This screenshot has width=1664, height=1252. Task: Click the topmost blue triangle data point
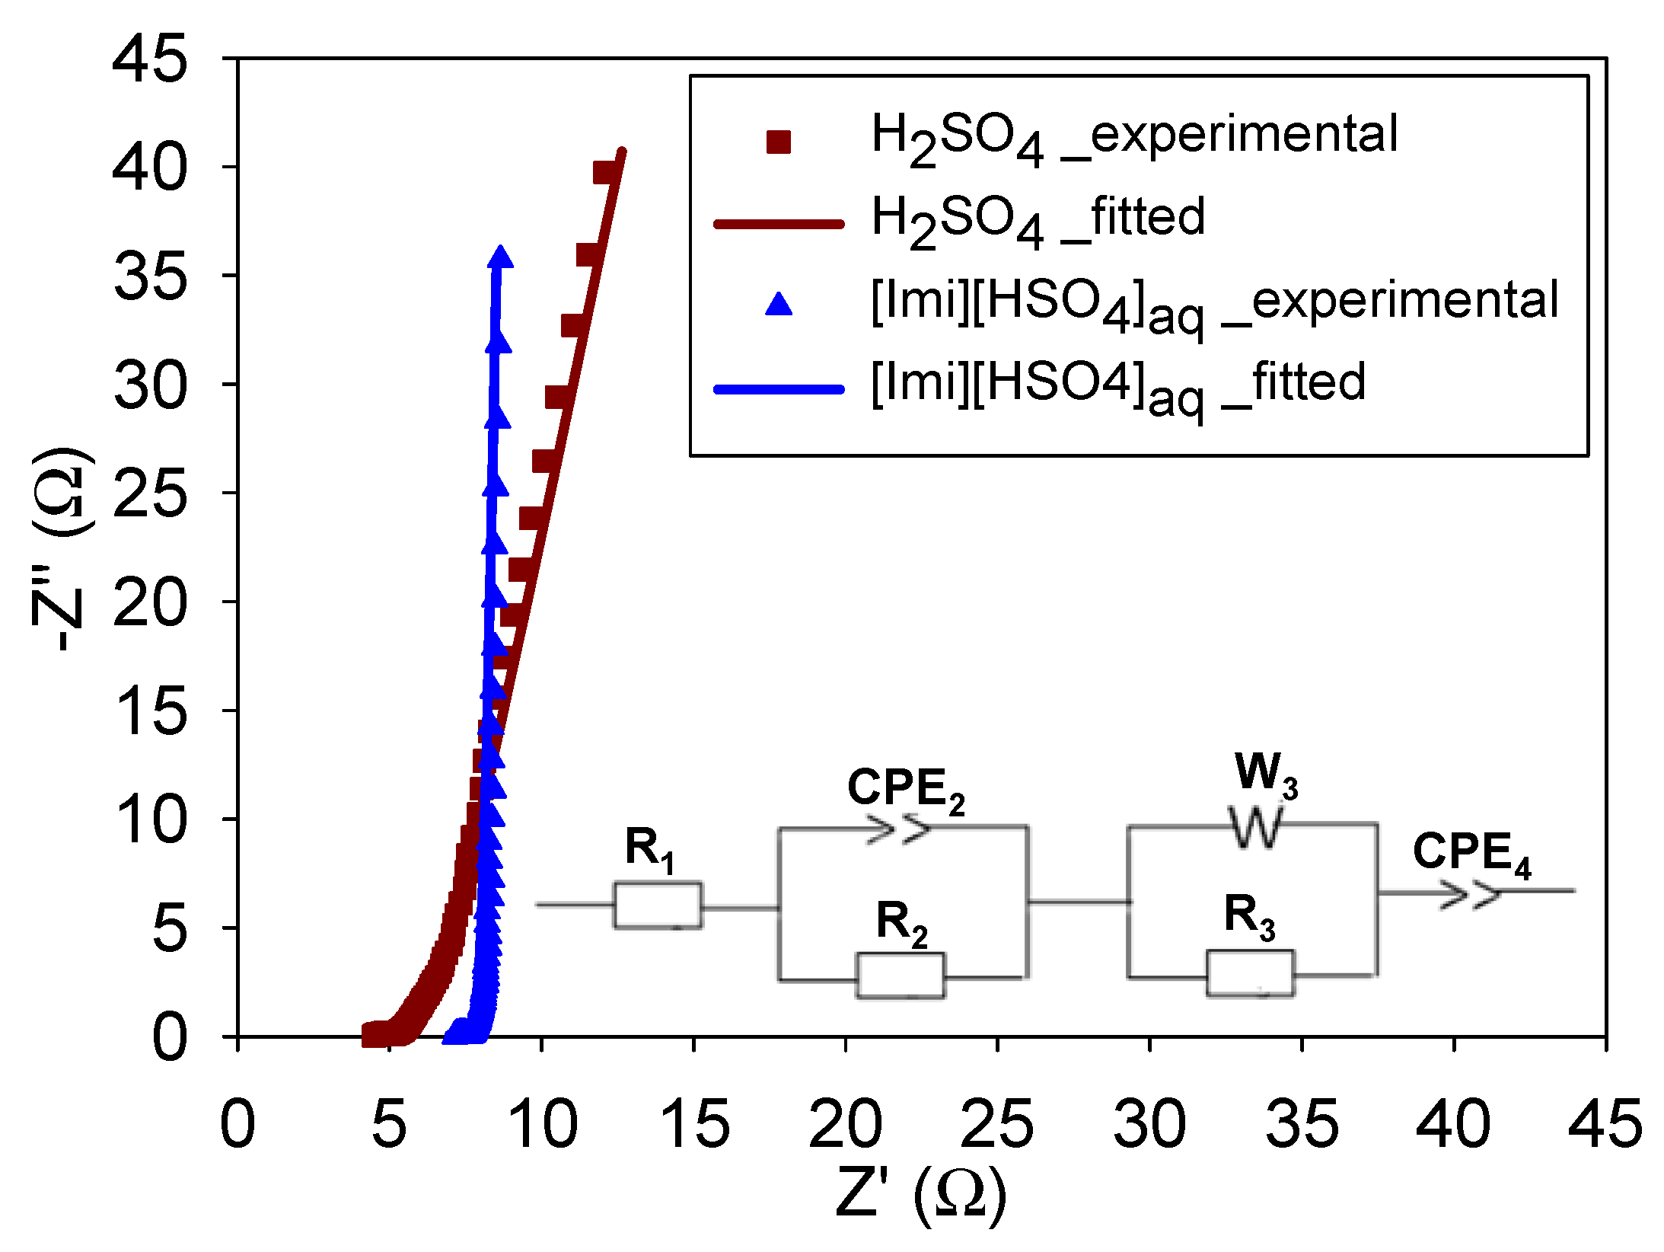click(x=500, y=257)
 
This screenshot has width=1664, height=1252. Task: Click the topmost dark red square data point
click(x=605, y=173)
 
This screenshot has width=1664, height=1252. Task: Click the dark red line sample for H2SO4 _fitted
click(x=778, y=224)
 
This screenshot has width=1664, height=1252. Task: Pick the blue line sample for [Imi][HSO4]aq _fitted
click(x=778, y=389)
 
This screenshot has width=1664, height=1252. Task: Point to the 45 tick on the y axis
click(x=149, y=59)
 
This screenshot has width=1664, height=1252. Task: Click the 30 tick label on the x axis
click(x=1149, y=1124)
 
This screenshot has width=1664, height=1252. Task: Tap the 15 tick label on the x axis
click(x=693, y=1124)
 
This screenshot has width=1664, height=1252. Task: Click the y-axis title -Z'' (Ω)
click(x=61, y=548)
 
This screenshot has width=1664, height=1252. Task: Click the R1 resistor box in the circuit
click(x=658, y=905)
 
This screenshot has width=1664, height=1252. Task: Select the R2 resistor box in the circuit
click(x=901, y=975)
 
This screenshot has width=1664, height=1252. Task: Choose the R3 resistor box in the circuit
click(x=1250, y=973)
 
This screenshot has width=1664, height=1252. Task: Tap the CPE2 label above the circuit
click(x=905, y=789)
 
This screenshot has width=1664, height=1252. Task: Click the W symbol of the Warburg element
click(x=1255, y=827)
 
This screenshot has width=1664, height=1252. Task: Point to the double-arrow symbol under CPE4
click(x=1469, y=894)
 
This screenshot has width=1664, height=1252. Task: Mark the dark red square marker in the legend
click(x=779, y=142)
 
